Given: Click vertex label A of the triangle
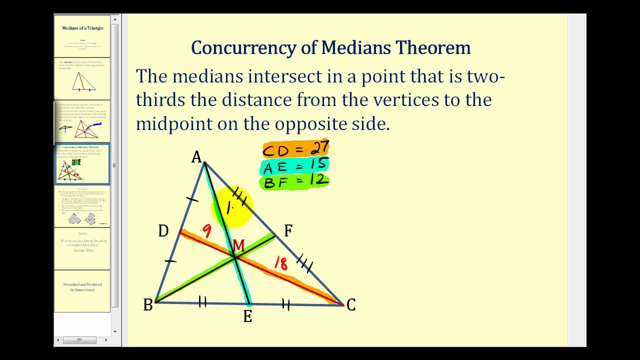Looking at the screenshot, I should point(196,157).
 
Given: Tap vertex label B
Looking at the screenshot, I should point(148,305).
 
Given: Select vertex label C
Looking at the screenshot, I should point(351,305).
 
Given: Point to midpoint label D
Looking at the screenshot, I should point(163,231).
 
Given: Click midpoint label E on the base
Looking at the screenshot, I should point(247,316).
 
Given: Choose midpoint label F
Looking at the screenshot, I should point(288,231).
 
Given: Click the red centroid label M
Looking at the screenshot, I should point(238,245).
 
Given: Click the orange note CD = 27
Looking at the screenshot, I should point(295,149).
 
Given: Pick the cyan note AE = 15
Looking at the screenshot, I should point(295,165).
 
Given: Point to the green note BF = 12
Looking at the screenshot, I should point(295,181).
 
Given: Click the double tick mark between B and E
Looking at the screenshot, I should point(202,301).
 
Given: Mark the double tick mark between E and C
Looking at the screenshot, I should point(286,303).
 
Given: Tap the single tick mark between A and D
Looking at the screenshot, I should point(191,200).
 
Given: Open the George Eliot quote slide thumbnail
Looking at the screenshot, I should point(82,248).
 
